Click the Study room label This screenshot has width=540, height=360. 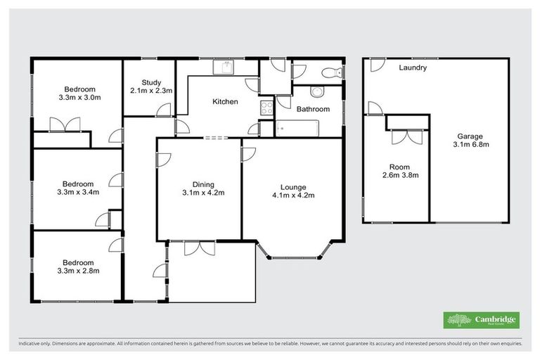click(x=151, y=82)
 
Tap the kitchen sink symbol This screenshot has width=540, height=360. click(x=226, y=67)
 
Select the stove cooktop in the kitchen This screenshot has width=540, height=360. click(x=267, y=108)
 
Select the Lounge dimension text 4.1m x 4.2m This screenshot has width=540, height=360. click(x=292, y=195)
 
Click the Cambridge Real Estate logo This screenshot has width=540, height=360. click(x=482, y=320)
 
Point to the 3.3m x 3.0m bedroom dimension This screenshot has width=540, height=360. click(x=80, y=98)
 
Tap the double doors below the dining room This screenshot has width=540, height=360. click(x=200, y=247)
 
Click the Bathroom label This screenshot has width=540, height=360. click(x=313, y=109)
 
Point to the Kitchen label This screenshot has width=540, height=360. click(x=225, y=102)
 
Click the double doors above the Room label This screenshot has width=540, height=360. click(x=406, y=136)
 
